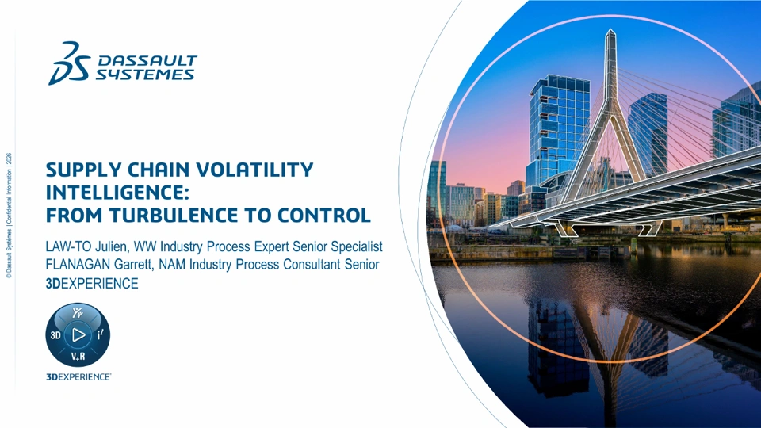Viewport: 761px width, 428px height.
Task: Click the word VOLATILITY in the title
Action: (254, 170)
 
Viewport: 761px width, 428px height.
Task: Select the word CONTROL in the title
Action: (324, 215)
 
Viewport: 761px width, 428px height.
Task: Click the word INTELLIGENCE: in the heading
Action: (117, 193)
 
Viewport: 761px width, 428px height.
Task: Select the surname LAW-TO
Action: (68, 246)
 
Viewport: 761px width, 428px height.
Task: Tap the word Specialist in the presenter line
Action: (357, 247)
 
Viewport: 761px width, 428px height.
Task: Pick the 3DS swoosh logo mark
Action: (70, 63)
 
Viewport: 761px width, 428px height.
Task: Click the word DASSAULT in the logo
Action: (147, 61)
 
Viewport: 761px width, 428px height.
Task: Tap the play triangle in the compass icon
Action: (78, 334)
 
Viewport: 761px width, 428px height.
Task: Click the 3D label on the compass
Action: (55, 335)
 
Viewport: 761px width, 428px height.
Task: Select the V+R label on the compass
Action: (78, 357)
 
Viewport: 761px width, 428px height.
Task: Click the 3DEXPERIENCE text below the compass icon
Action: (78, 377)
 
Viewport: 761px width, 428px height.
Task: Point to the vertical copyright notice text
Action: (9, 216)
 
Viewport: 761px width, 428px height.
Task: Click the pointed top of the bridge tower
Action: (611, 30)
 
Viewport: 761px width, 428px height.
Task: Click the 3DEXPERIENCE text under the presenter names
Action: (92, 284)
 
